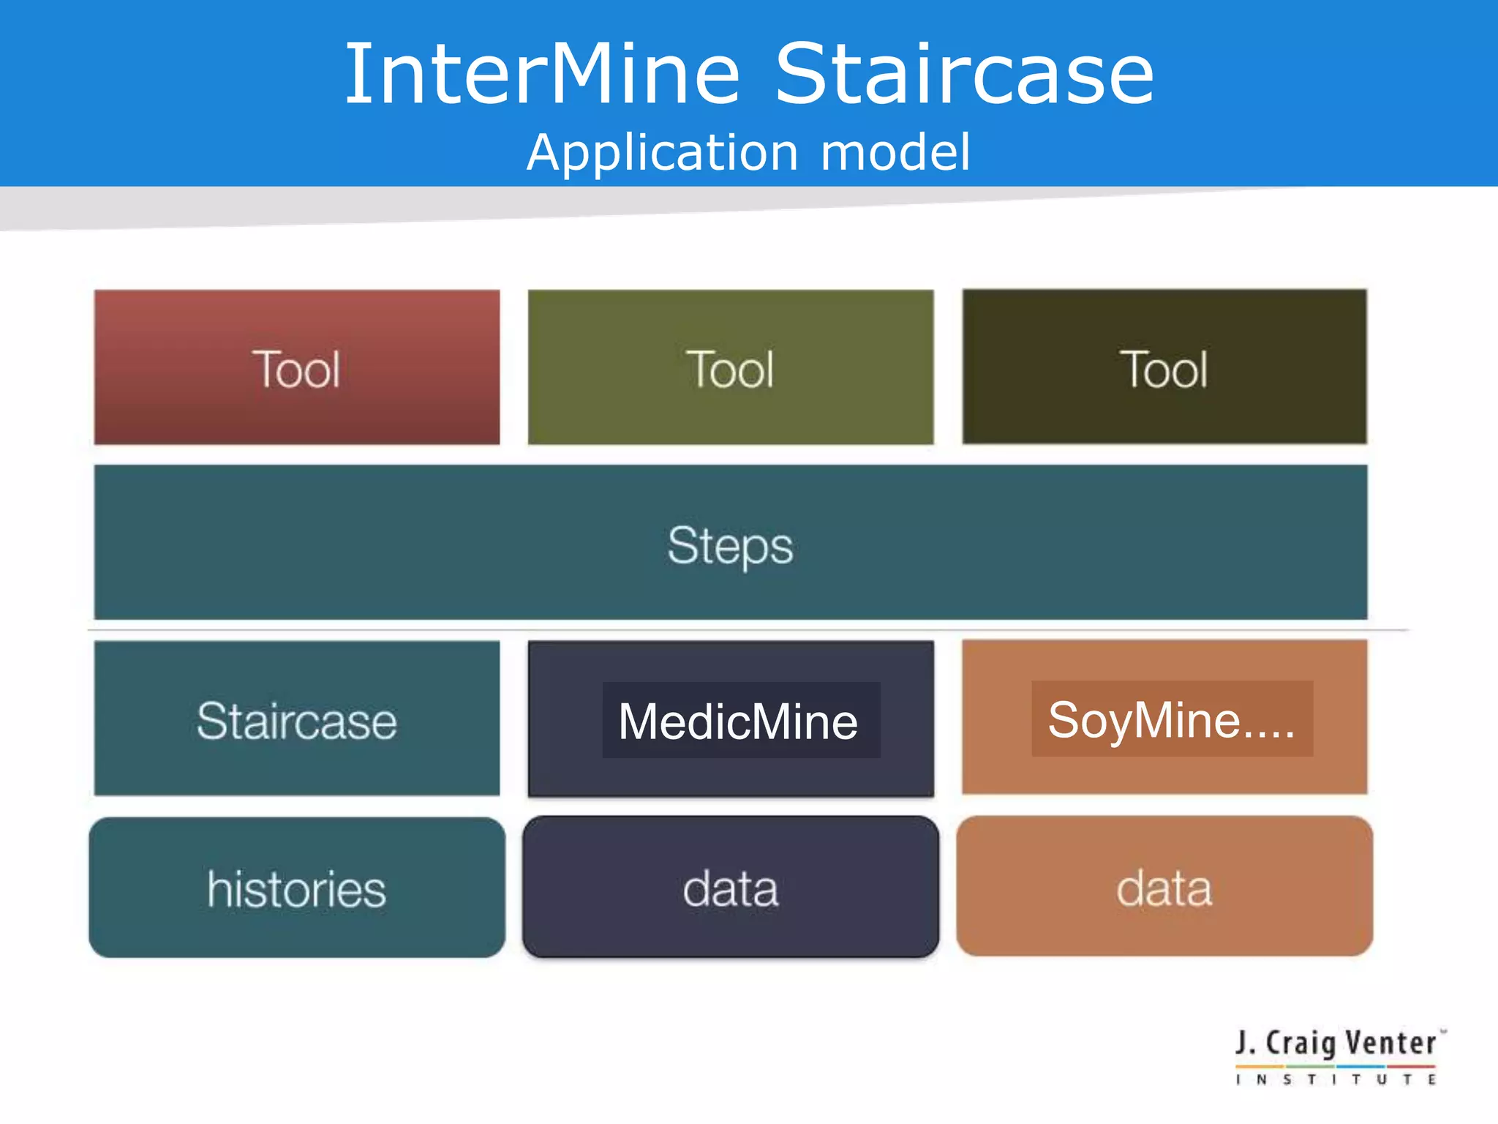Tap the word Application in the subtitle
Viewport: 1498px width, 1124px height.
tap(662, 153)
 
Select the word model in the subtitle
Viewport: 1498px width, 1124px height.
tap(895, 153)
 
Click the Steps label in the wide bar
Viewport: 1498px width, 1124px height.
tap(730, 545)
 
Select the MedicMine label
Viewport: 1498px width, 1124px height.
tap(738, 722)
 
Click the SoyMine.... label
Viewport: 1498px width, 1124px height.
tap(1171, 720)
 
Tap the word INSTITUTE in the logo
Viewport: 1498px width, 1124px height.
tap(1336, 1079)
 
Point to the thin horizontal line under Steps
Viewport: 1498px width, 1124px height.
tap(746, 629)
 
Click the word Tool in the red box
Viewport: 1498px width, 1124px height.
tap(296, 370)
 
